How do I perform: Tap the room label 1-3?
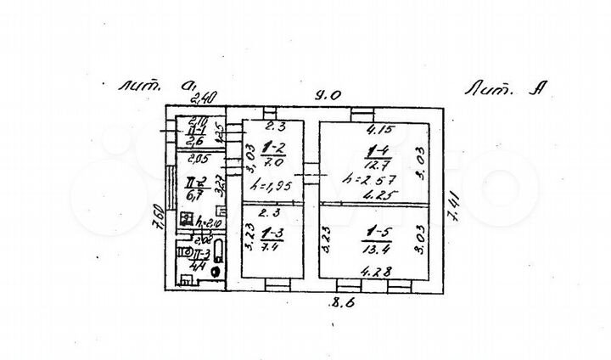tap(272, 230)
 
